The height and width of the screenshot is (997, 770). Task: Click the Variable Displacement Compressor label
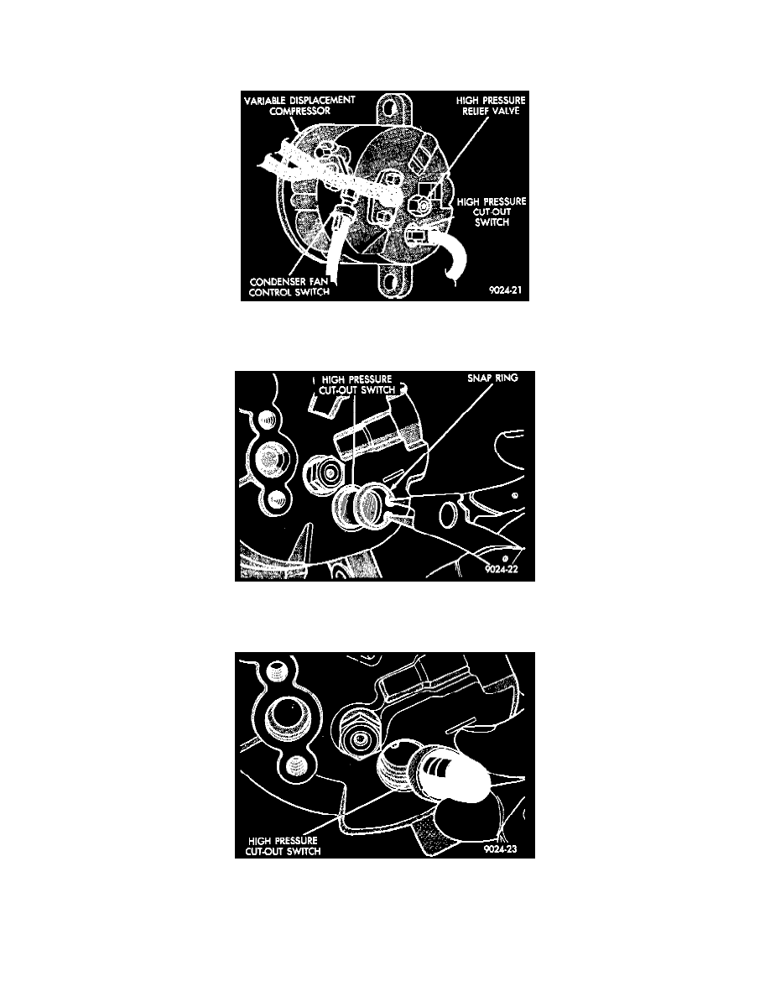tap(300, 106)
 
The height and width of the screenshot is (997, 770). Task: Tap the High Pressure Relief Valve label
tap(491, 106)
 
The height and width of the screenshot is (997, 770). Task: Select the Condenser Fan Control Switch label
tap(289, 287)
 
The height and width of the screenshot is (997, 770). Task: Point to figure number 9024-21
tap(506, 289)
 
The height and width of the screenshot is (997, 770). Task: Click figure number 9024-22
tap(502, 569)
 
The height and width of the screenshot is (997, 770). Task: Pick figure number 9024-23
tap(501, 848)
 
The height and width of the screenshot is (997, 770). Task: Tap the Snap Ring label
tap(492, 378)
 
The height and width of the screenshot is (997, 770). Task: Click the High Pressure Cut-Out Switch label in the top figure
tap(492, 211)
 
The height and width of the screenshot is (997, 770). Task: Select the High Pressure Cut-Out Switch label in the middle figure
tap(356, 384)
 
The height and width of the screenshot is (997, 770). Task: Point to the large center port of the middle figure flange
tap(271, 459)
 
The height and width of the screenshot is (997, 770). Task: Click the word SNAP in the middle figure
tap(478, 378)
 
